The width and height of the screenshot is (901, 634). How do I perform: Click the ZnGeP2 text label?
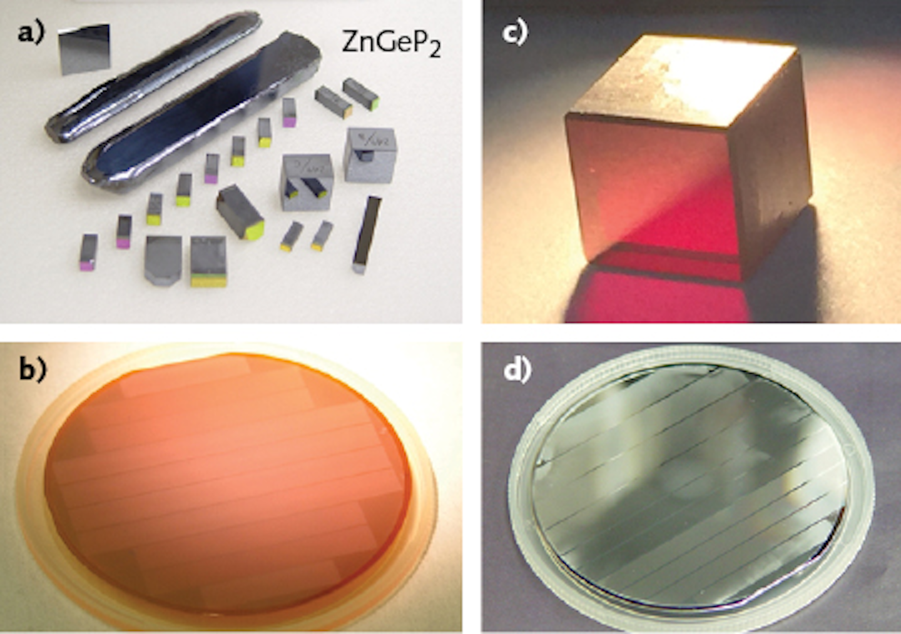click(390, 44)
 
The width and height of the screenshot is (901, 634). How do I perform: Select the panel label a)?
click(31, 32)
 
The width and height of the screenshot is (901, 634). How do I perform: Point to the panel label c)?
click(515, 32)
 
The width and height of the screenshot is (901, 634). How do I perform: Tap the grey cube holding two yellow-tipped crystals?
click(306, 181)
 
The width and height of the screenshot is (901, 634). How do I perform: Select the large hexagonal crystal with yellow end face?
click(240, 211)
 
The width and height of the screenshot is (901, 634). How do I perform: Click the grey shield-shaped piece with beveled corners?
click(163, 259)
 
